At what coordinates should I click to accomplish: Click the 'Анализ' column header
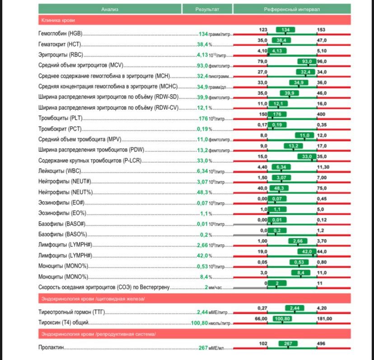tap(110, 9)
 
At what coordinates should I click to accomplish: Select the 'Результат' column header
tap(207, 9)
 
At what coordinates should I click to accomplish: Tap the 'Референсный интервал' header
tap(292, 9)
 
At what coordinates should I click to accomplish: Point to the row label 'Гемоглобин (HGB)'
tap(61, 34)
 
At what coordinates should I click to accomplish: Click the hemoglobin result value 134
tap(203, 34)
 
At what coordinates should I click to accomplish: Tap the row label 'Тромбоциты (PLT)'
tap(60, 118)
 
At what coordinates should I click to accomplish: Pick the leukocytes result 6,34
tap(202, 171)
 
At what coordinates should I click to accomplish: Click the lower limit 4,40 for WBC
tap(262, 167)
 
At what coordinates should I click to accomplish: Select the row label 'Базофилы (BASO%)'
tap(62, 235)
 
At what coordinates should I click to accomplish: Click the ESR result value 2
tap(206, 287)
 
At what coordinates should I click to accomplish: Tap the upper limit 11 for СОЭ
tap(320, 283)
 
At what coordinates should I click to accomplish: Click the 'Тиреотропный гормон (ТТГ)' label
tap(72, 313)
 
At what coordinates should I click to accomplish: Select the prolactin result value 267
tap(203, 348)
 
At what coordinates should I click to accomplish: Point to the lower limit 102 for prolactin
tap(263, 343)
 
